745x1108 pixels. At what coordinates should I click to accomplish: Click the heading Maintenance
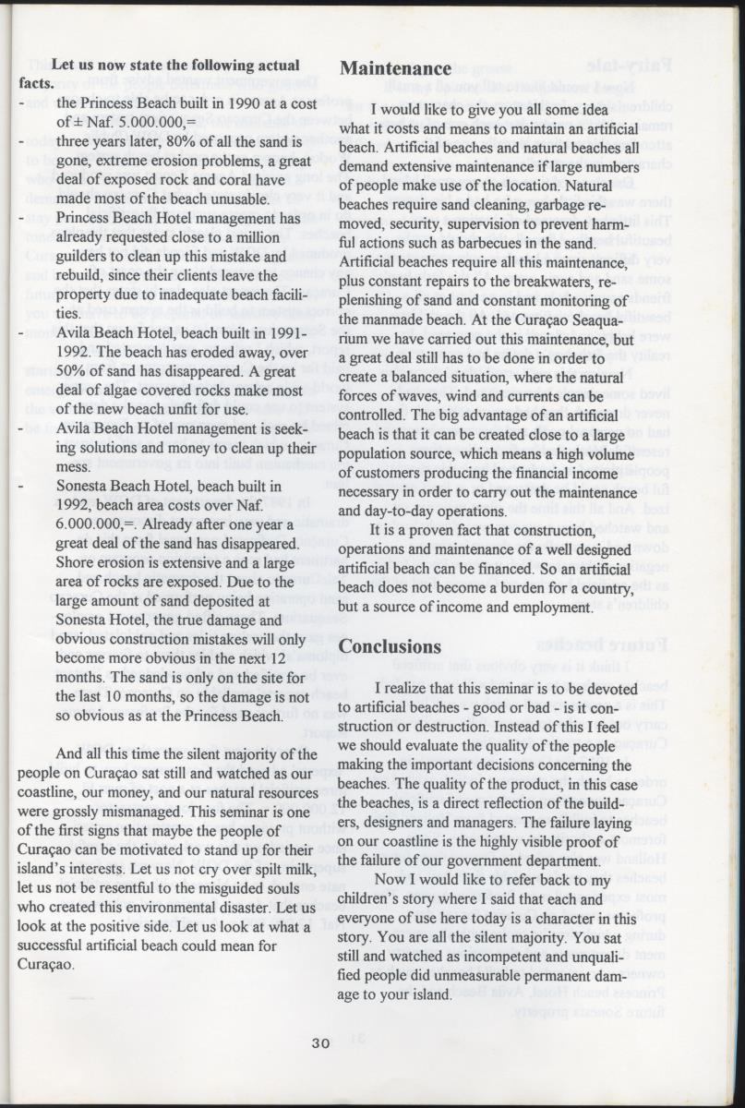[x=395, y=67]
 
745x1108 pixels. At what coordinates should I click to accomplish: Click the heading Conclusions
[x=391, y=645]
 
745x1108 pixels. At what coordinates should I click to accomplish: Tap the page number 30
[x=319, y=1042]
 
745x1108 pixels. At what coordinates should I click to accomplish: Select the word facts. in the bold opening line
[x=35, y=82]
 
